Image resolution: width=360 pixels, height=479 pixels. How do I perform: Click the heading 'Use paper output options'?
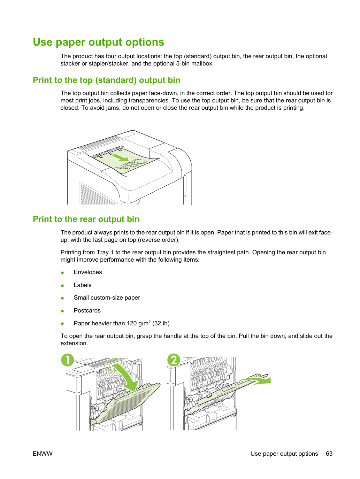tap(98, 43)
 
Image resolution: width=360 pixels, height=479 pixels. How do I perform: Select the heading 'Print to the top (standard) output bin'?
tap(107, 80)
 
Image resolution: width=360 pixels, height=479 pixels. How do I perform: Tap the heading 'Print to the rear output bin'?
tap(86, 219)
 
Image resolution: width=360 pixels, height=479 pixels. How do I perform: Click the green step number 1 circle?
tap(68, 360)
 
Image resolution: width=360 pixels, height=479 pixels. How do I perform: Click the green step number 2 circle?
tap(174, 360)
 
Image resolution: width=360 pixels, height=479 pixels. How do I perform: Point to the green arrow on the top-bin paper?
tap(120, 157)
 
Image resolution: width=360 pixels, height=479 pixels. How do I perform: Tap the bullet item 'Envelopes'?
tap(88, 272)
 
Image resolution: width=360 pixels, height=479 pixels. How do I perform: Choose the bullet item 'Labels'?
tap(83, 285)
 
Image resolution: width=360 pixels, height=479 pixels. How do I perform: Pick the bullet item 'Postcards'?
tap(87, 310)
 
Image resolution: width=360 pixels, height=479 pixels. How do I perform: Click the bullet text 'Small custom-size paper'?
tap(107, 298)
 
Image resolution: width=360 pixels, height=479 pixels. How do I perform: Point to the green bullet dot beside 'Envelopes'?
tap(62, 272)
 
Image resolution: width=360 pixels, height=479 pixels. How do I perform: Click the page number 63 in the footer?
tap(329, 454)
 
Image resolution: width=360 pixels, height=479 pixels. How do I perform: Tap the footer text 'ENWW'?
tap(43, 454)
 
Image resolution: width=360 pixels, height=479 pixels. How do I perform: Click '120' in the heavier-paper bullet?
tap(132, 323)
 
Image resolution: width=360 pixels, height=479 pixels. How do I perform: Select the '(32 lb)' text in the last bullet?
tap(161, 323)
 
